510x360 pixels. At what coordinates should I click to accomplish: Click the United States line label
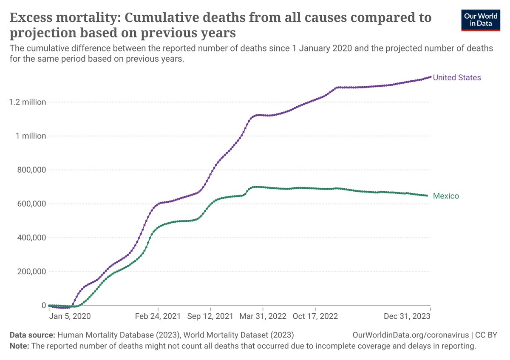coord(457,77)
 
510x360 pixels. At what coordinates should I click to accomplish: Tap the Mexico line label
coord(446,196)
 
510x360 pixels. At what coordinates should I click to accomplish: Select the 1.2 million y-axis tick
coord(25,102)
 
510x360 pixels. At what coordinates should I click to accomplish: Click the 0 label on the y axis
coord(44,305)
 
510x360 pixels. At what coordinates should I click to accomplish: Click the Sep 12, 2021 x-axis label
coord(210,317)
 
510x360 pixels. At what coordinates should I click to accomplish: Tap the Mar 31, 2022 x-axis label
coord(263,317)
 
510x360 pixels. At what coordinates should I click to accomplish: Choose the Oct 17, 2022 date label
coord(315,317)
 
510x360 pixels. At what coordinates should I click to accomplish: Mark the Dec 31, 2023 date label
coord(407,317)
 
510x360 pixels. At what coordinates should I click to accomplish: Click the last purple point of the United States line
coord(431,77)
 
